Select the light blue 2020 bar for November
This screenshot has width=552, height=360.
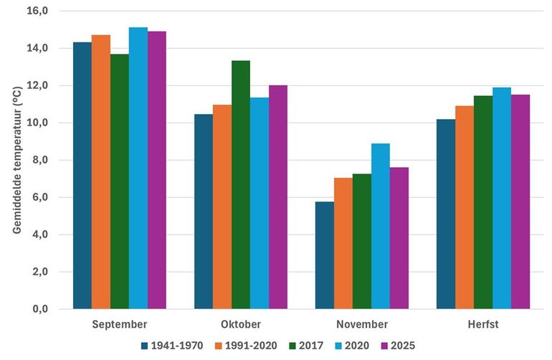(381, 227)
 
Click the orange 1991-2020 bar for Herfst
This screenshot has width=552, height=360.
(465, 208)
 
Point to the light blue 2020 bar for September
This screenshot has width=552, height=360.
(138, 169)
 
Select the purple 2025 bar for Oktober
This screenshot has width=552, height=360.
(278, 197)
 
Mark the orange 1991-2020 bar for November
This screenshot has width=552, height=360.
(343, 244)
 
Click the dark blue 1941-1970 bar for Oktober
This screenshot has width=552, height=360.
(204, 212)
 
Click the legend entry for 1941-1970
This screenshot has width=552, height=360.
(171, 345)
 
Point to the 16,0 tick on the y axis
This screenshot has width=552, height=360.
(36, 11)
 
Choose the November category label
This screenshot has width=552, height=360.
(362, 325)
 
